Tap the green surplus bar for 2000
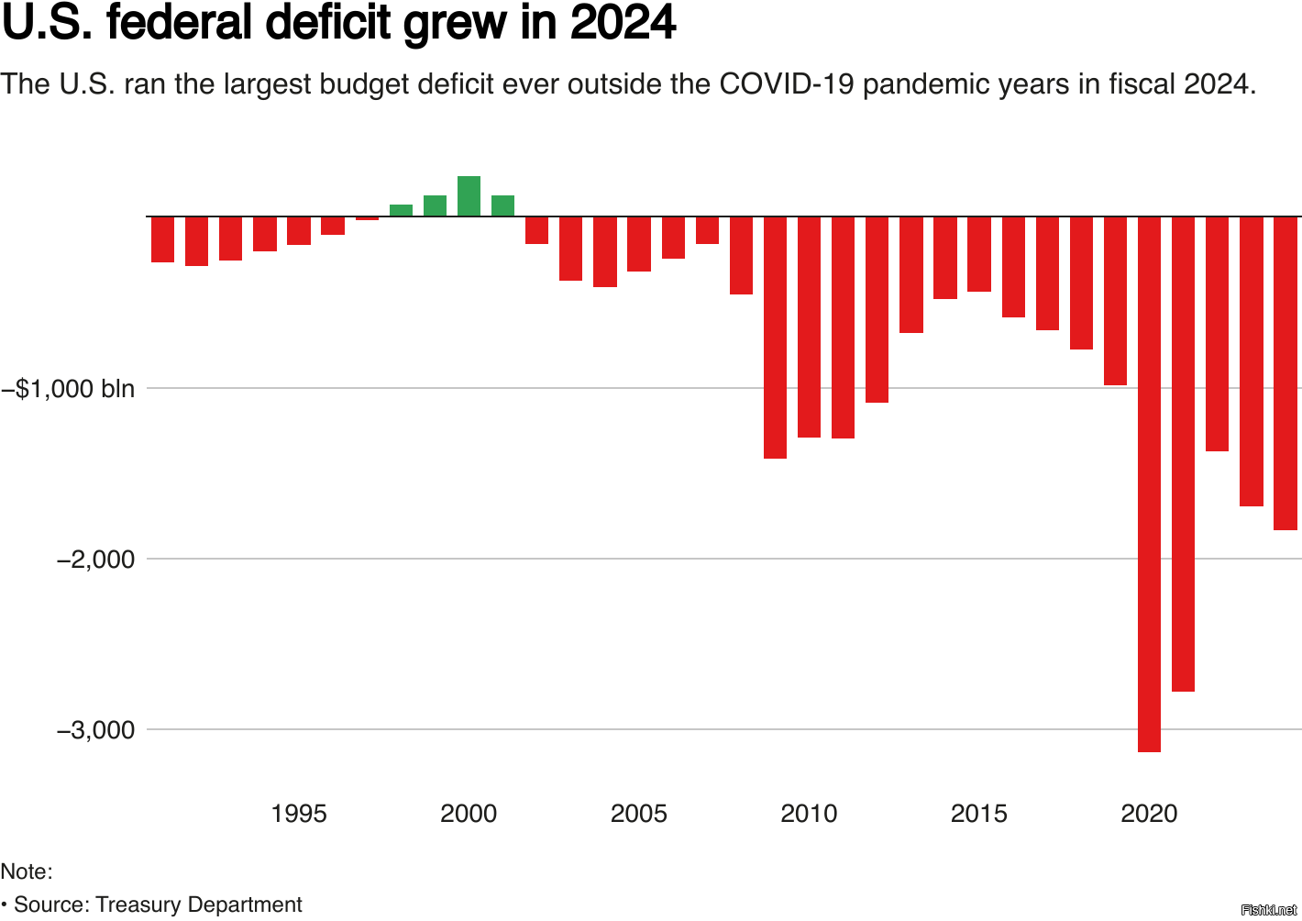coord(469,195)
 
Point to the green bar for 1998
coord(401,210)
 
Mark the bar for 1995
coord(299,230)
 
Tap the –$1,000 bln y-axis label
coord(68,388)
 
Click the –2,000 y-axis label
coord(95,559)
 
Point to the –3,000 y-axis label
coord(95,730)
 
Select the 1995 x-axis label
coord(299,814)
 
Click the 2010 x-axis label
coord(809,814)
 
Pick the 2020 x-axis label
coord(1149,814)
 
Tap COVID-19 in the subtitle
coord(787,84)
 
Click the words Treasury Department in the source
coord(198,904)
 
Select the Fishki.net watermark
coord(1268,910)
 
